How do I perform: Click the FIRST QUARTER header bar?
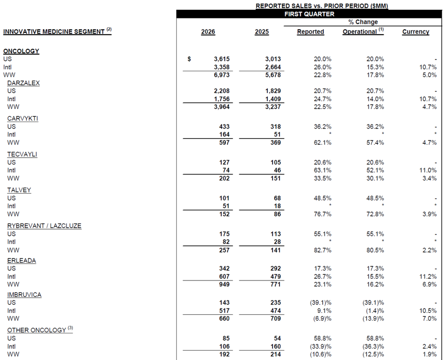309,14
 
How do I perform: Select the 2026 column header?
208,32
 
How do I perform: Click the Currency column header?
416,32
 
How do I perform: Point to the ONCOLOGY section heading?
21,51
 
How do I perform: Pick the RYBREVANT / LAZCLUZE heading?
44,226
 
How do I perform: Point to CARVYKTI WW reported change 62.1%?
322,142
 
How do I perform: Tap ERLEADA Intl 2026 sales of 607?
223,276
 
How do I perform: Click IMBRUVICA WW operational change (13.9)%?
371,319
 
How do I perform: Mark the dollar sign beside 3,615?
190,59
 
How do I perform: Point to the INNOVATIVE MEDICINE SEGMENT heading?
54,32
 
